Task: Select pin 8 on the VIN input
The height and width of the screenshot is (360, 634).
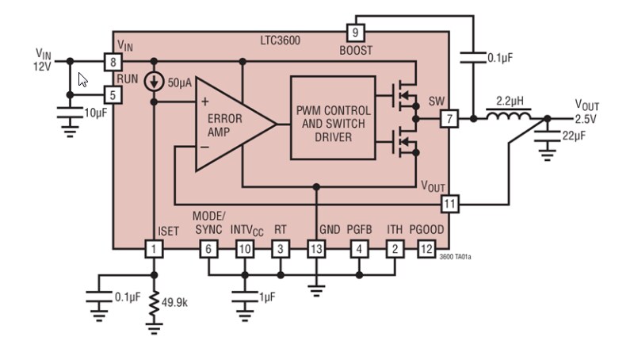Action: [x=113, y=61]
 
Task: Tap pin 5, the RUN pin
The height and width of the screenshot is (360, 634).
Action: [x=113, y=94]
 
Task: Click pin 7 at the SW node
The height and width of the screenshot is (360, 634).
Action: [x=449, y=119]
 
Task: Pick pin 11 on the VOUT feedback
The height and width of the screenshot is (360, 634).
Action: [x=449, y=204]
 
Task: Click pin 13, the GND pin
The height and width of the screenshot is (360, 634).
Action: [x=316, y=248]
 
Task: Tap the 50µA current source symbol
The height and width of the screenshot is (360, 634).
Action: [x=155, y=82]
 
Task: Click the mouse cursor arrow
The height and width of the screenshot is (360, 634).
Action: [x=82, y=79]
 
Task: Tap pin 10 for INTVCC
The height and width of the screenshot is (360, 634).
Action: [x=245, y=248]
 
